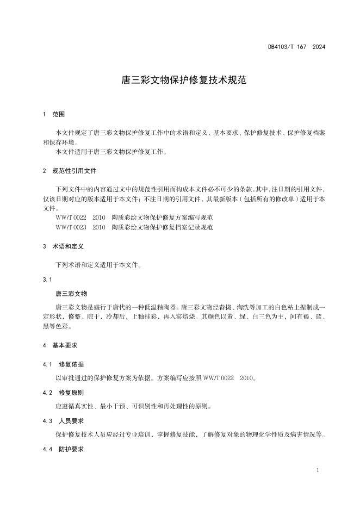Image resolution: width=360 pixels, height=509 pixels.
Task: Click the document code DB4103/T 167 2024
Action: click(x=296, y=47)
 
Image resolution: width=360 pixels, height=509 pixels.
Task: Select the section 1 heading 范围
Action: click(x=58, y=114)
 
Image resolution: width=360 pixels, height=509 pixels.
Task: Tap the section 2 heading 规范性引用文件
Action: click(x=74, y=171)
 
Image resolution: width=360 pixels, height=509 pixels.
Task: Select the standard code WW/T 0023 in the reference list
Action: click(x=71, y=227)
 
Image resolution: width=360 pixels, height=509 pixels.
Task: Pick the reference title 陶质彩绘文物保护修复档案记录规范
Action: click(x=162, y=227)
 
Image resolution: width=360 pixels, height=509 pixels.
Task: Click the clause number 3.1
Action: click(x=47, y=280)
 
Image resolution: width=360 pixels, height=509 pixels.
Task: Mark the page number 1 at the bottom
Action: click(x=317, y=469)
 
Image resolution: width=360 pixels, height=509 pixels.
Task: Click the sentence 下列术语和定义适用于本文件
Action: click(x=98, y=265)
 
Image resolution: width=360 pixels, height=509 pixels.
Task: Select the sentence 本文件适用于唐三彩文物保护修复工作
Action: click(x=111, y=152)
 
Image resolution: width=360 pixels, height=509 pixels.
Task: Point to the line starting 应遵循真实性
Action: click(x=133, y=406)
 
